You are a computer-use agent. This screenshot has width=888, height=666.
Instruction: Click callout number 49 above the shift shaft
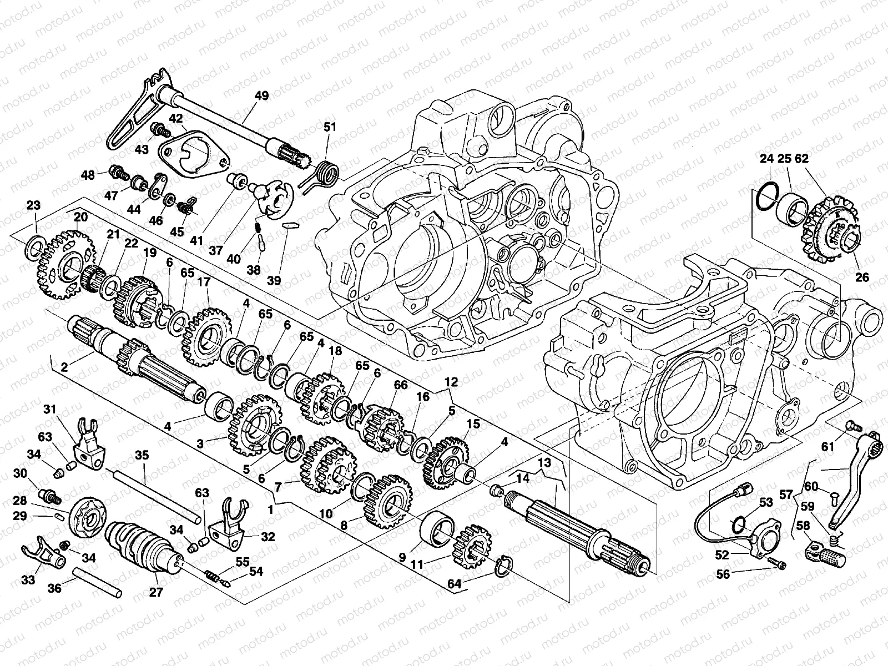tap(261, 96)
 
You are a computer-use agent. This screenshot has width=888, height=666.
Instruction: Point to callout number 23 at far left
tap(33, 205)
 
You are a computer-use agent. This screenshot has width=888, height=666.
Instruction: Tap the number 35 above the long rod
tap(142, 456)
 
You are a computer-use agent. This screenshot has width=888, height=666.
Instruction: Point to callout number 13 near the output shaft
tap(544, 462)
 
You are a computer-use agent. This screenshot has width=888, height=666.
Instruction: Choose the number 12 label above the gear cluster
tap(451, 382)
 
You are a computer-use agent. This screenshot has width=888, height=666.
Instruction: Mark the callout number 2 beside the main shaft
tap(64, 367)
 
